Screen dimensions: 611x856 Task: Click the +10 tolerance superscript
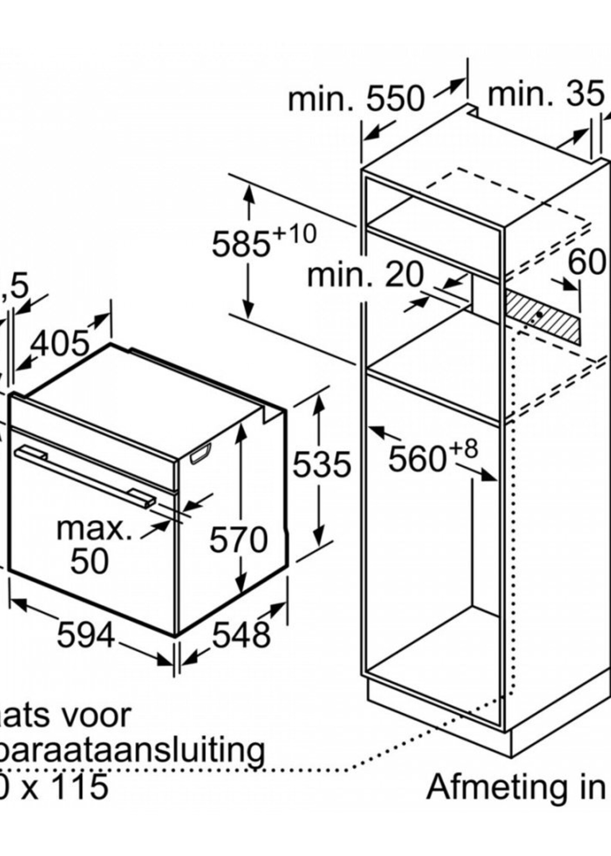coord(294,234)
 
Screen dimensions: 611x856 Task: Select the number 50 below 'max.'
coord(90,561)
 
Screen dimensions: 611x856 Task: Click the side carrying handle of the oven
coord(200,453)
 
